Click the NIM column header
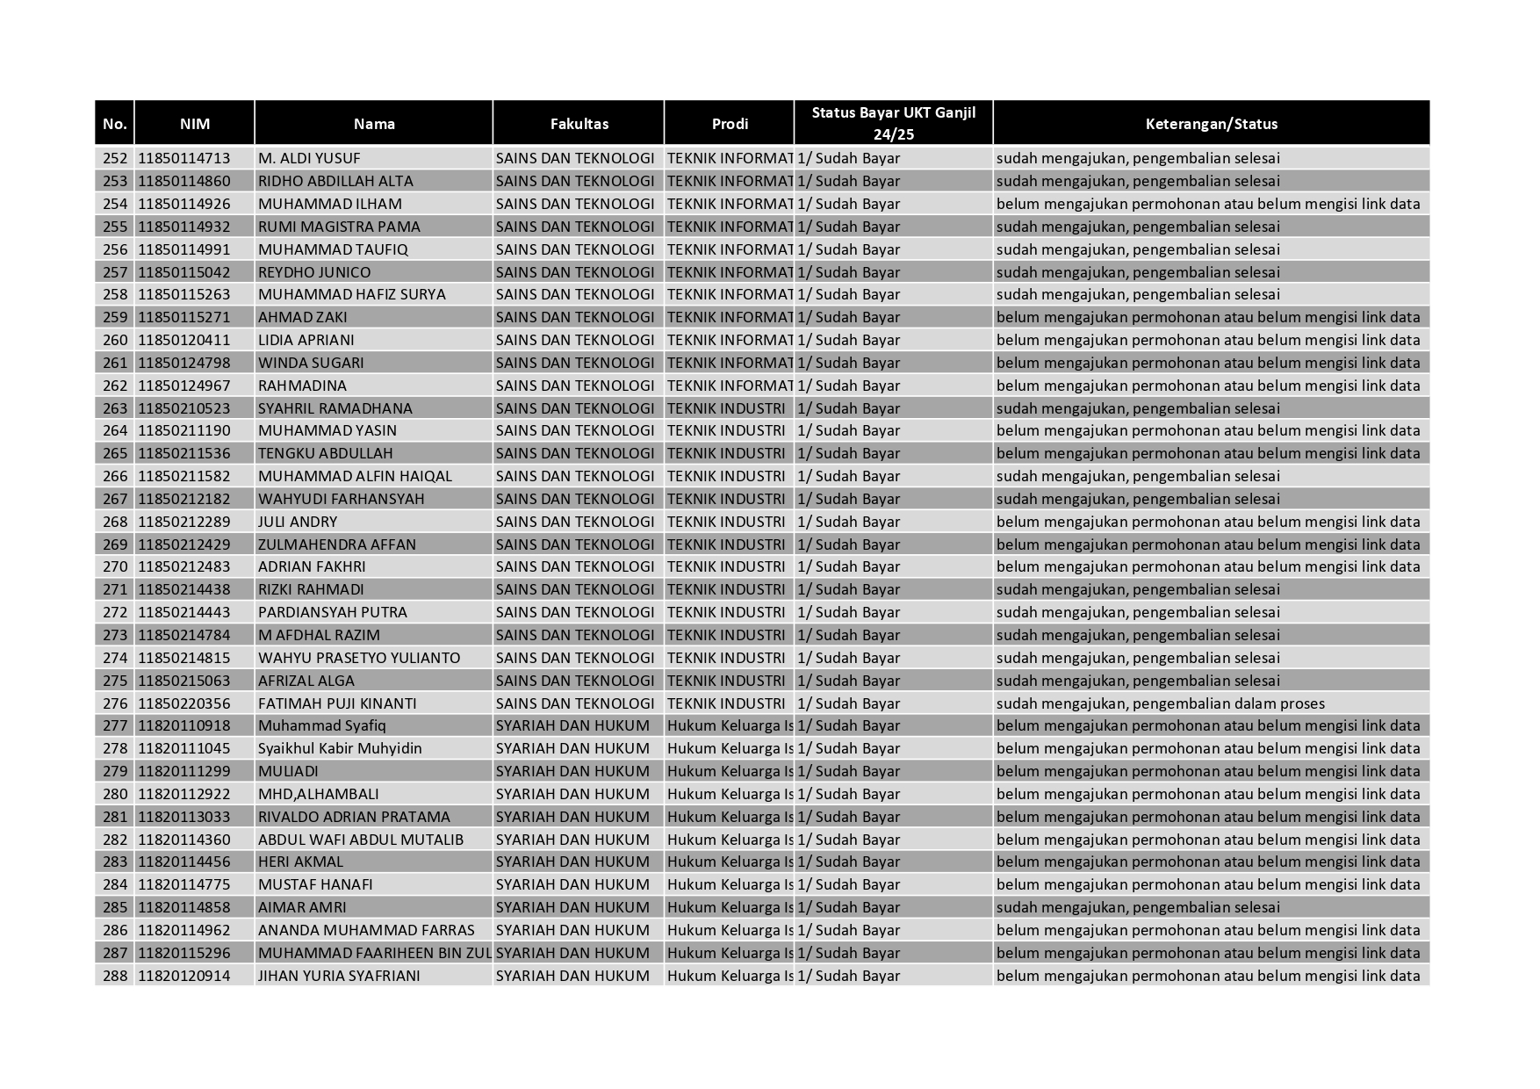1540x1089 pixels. (x=194, y=124)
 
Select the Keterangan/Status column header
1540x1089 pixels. (x=1211, y=124)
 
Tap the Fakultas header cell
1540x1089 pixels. (x=579, y=124)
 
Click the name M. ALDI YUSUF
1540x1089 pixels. (x=309, y=159)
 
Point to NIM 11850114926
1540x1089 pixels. (x=184, y=204)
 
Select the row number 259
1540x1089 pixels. (x=115, y=317)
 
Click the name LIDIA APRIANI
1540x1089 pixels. (x=306, y=340)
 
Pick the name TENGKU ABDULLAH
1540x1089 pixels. (x=325, y=453)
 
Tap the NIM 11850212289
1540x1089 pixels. (x=184, y=522)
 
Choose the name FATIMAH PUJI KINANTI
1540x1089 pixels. (x=337, y=703)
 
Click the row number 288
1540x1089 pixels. (x=115, y=976)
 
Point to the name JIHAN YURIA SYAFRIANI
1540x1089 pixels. (x=339, y=976)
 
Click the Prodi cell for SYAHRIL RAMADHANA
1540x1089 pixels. (x=726, y=408)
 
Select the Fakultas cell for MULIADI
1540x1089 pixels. (x=572, y=771)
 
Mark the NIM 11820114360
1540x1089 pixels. (x=184, y=840)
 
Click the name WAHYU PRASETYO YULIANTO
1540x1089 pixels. (x=359, y=658)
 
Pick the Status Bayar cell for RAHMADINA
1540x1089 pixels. (x=848, y=386)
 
